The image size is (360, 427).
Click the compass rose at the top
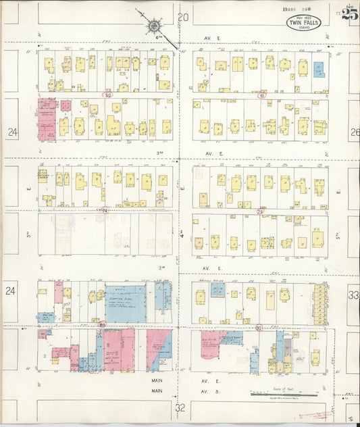(153, 26)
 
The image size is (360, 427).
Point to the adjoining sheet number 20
(182, 17)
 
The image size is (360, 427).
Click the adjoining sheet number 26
(355, 132)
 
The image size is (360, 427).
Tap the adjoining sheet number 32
(180, 408)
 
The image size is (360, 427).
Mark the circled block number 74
(105, 210)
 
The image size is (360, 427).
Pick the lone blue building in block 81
(319, 69)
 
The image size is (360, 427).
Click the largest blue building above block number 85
(125, 303)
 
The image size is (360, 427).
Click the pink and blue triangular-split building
(159, 349)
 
